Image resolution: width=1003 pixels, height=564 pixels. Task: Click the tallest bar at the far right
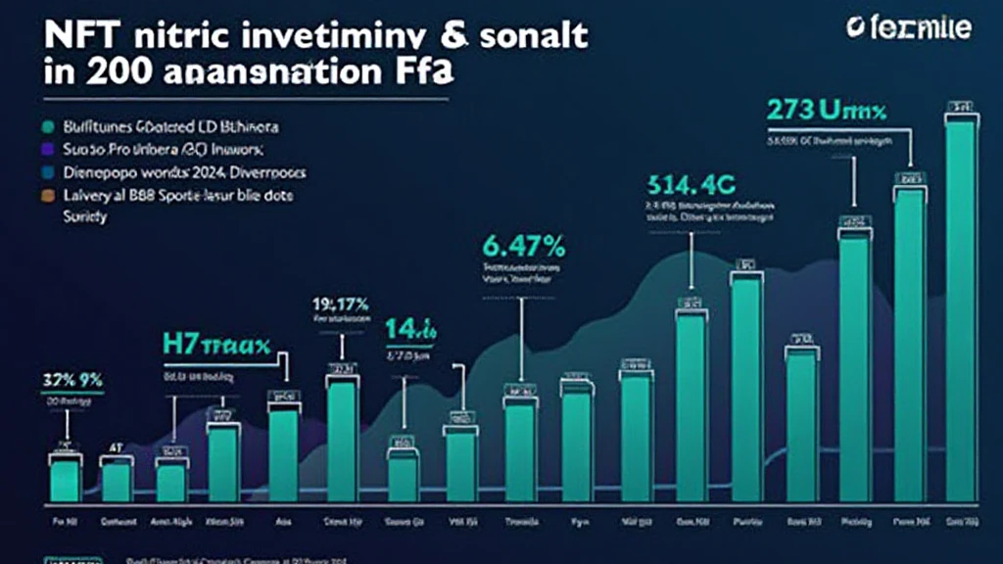point(960,308)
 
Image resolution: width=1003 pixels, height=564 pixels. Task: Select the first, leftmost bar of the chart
point(65,480)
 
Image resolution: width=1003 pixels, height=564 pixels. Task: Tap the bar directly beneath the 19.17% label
point(342,441)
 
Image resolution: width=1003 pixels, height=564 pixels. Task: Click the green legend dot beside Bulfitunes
point(47,127)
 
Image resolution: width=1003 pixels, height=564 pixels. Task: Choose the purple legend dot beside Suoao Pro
point(47,150)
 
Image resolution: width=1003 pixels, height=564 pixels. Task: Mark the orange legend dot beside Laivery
point(47,196)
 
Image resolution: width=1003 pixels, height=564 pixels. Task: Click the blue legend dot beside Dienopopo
point(47,172)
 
